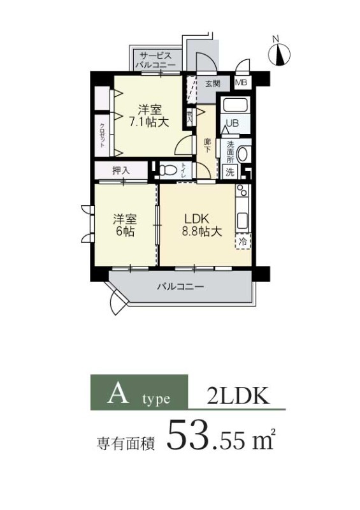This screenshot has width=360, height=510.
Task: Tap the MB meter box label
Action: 241,83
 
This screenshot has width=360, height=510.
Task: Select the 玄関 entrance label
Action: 212,83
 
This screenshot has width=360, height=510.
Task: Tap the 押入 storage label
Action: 120,170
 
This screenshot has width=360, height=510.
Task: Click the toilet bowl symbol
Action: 167,170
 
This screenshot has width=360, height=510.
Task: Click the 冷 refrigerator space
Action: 243,242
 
